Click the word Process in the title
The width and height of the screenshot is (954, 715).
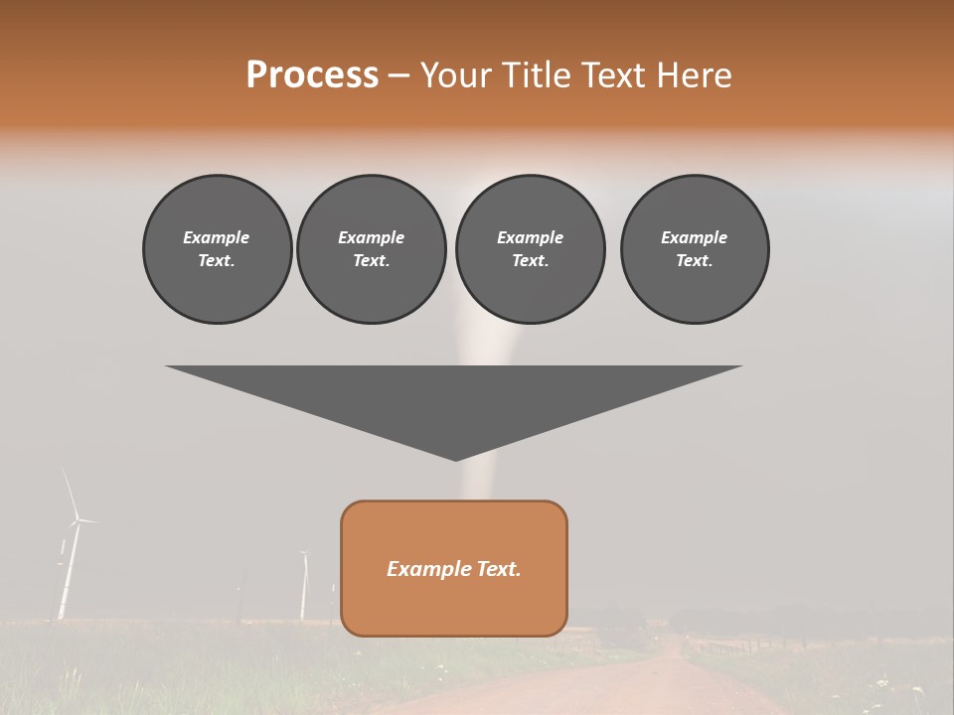tap(312, 75)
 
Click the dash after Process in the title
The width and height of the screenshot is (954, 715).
tap(398, 76)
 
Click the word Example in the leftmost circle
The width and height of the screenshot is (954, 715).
tap(217, 237)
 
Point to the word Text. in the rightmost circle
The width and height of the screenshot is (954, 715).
tap(695, 260)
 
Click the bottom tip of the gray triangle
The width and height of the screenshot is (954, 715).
tap(455, 459)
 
